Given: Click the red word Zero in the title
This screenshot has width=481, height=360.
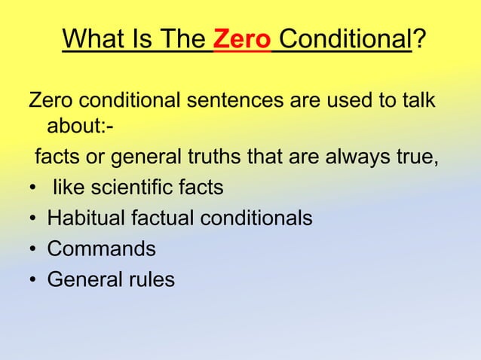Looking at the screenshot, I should click(242, 38).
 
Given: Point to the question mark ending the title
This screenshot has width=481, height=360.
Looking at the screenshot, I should click(419, 38).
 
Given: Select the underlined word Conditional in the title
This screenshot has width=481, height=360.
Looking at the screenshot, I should click(343, 38).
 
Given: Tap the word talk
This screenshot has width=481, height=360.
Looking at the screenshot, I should click(415, 100).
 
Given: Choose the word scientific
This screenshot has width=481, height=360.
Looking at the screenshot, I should click(127, 189).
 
